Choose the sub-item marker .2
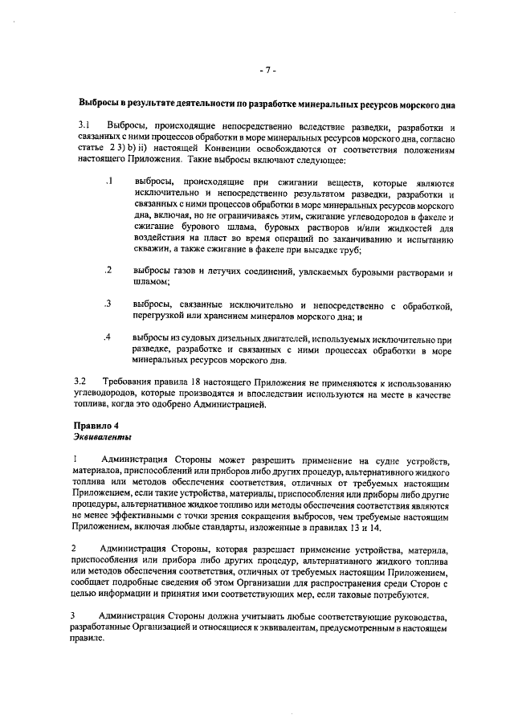coord(108,269)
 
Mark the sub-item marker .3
coord(108,303)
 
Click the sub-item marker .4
coord(108,337)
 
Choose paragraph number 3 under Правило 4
coord(75,615)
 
